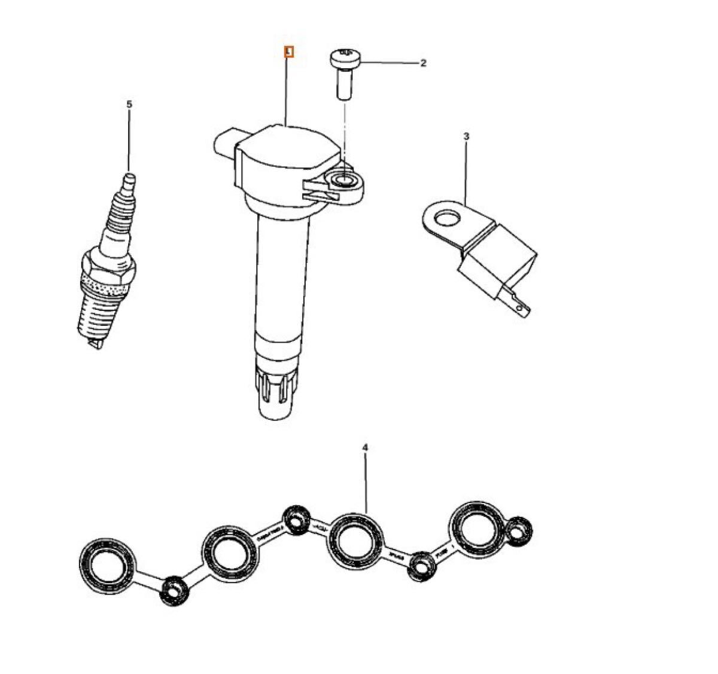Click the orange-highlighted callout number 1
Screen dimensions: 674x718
pos(289,53)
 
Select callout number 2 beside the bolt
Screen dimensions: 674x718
pos(423,63)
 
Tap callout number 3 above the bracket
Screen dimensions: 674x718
pos(466,136)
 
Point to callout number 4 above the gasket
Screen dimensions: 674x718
pos(365,447)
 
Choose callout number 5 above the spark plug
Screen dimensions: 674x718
pos(129,104)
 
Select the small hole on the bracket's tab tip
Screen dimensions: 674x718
pos(524,309)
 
